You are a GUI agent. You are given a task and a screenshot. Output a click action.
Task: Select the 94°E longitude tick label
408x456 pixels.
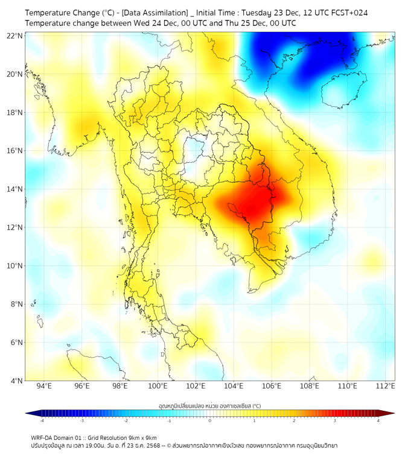pos(44,387)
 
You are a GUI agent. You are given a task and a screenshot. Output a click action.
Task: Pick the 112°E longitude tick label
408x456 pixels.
pos(386,387)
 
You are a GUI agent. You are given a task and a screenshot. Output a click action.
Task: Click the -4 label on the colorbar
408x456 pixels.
pos(41,421)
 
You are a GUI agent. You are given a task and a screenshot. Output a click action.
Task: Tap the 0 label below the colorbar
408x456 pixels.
pos(210,421)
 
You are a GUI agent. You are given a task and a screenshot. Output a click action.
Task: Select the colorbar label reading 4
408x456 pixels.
pos(378,421)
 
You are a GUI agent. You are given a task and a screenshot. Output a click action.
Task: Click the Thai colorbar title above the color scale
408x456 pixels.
pos(209,406)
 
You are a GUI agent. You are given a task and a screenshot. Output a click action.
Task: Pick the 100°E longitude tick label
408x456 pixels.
pos(158,387)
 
